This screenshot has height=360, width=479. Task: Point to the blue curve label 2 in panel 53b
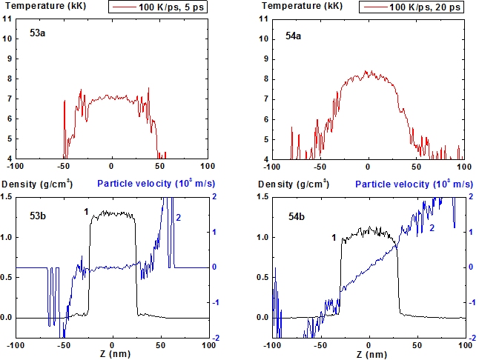click(178, 217)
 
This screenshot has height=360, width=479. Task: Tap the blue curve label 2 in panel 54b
click(431, 228)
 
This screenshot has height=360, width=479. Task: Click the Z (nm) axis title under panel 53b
click(112, 355)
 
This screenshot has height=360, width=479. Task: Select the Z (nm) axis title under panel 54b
click(369, 355)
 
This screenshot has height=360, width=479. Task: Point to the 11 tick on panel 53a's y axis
click(7, 18)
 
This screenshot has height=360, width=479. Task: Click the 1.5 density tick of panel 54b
click(262, 196)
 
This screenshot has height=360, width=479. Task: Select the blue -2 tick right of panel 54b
click(472, 338)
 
